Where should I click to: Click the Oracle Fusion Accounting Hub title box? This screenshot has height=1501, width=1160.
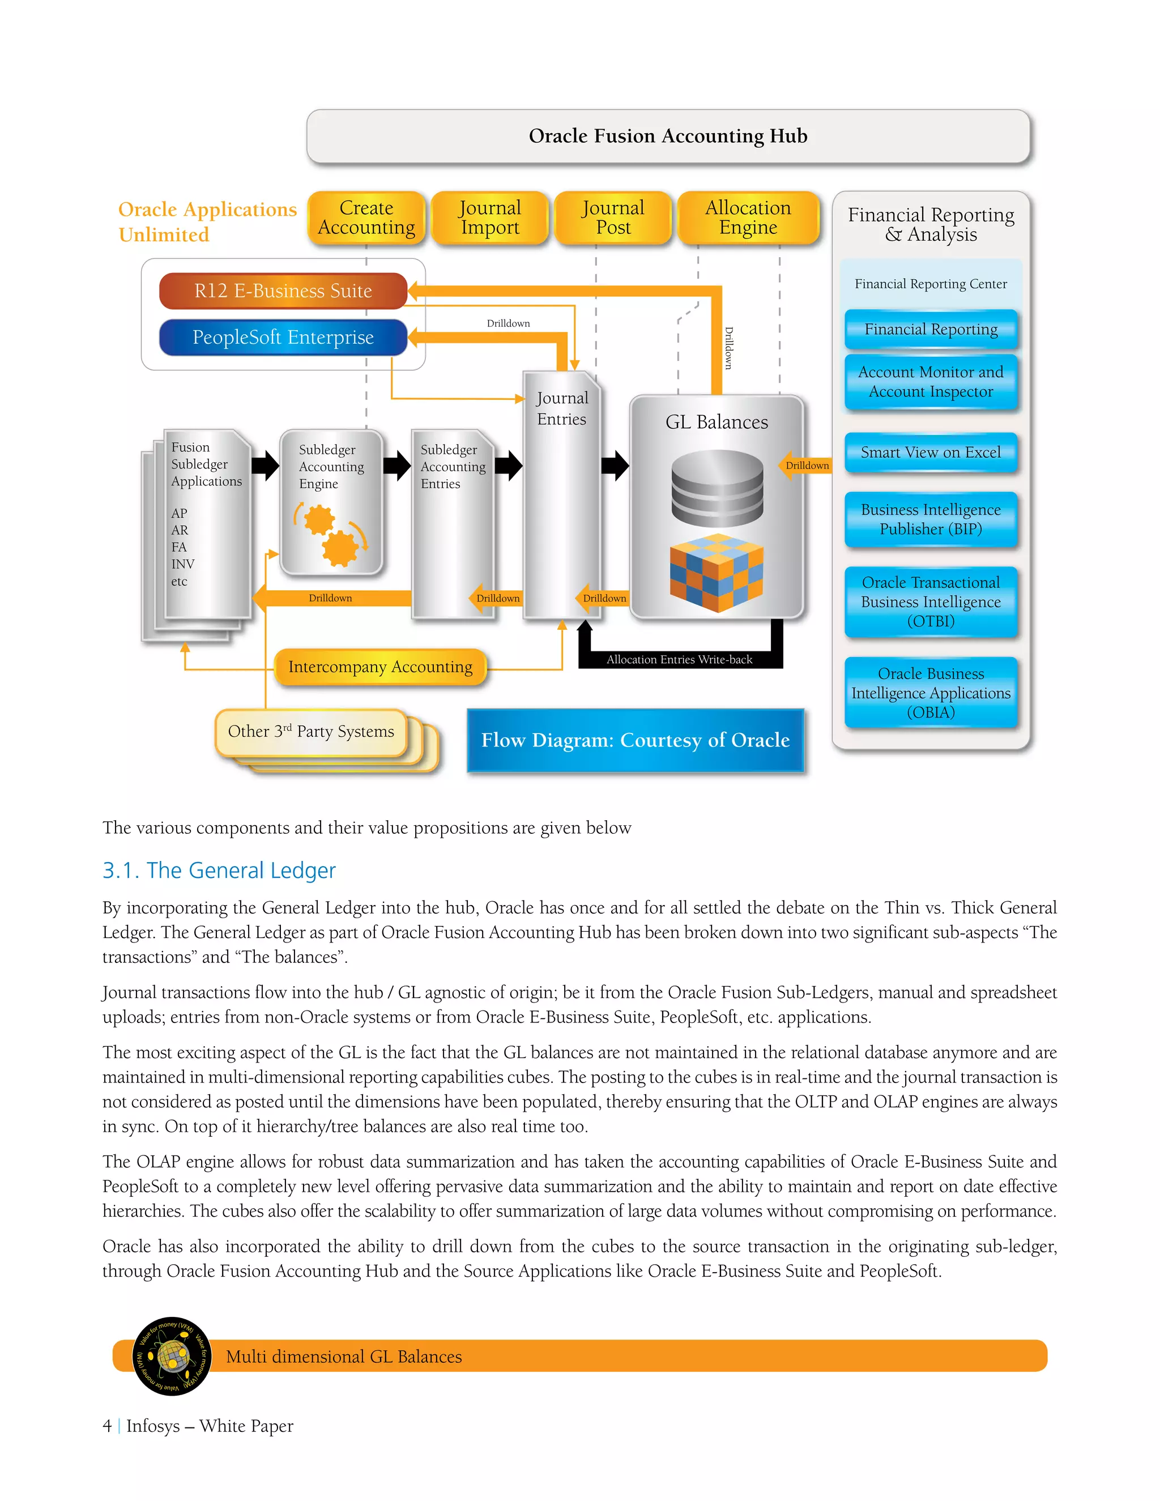668,136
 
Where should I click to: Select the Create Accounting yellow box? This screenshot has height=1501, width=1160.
366,218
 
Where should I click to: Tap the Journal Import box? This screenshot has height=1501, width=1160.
490,218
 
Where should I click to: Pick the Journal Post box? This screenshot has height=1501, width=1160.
613,218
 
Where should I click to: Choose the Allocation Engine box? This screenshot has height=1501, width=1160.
748,218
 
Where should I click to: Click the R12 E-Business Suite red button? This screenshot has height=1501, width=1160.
283,291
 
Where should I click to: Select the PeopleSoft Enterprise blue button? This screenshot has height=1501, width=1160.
283,338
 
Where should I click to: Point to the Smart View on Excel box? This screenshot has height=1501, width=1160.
931,452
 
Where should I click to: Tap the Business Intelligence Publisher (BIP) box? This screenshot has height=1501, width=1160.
931,519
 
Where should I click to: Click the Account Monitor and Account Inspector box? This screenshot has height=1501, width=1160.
931,382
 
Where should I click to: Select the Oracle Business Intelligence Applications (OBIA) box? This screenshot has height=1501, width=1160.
931,693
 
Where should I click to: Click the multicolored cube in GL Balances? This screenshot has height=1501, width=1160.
717,573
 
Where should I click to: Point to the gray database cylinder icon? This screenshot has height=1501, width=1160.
717,488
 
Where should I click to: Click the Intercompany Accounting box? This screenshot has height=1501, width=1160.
380,667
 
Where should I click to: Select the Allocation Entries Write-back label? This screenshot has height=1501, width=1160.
679,660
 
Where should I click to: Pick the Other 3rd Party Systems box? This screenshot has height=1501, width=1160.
312,732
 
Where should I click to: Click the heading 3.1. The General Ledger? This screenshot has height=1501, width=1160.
219,871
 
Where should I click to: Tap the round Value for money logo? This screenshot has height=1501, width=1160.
171,1356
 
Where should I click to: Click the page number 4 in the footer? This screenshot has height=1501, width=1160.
107,1426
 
